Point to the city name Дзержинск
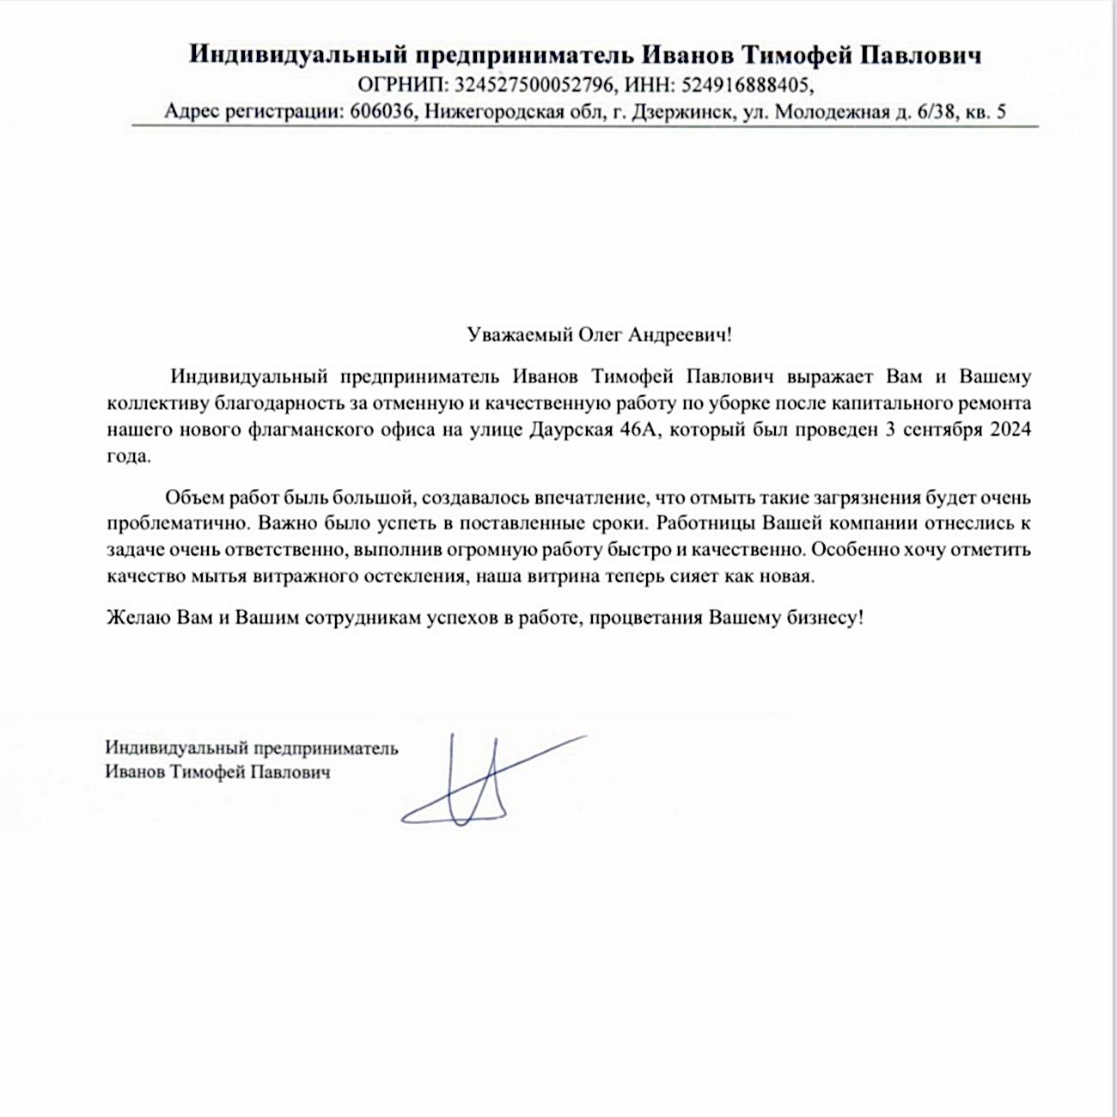683,112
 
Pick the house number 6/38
933,112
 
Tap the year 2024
1010,430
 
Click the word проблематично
177,523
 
